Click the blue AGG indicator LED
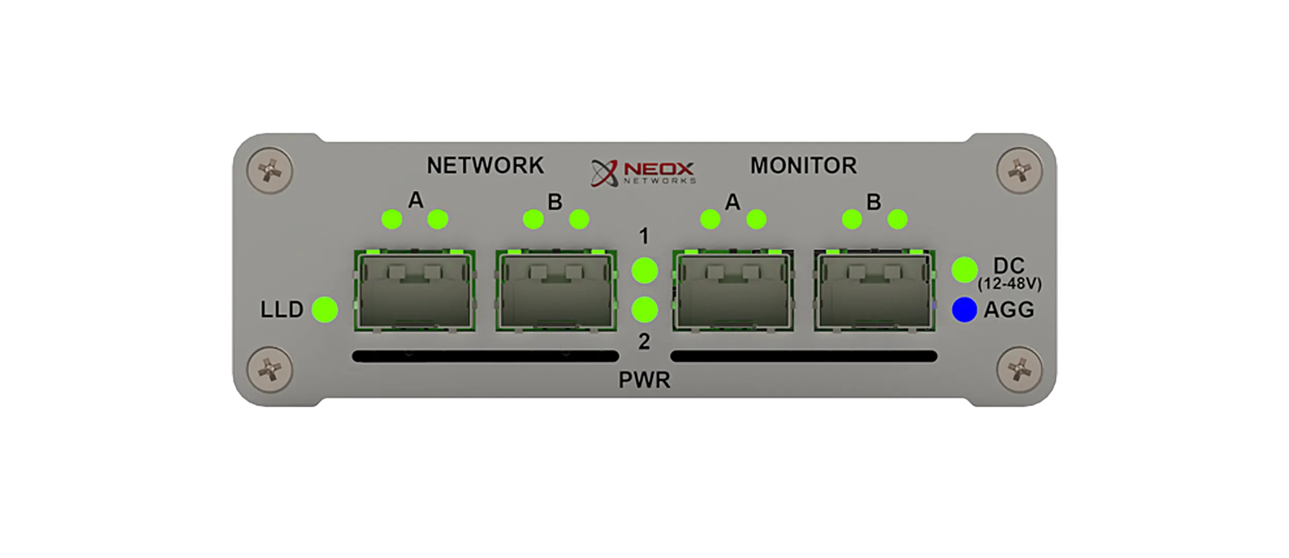tap(964, 310)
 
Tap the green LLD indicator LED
tap(325, 309)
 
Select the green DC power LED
tap(964, 269)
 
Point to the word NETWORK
tap(485, 166)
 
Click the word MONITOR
tap(803, 166)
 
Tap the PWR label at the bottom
tap(644, 380)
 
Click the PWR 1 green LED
tap(644, 270)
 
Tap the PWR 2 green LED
tap(644, 309)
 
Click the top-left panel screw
tap(270, 171)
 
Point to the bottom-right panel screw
tap(1019, 370)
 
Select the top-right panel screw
tap(1019, 171)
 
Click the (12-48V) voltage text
tap(1009, 284)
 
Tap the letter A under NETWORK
tap(415, 200)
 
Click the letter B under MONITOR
tap(874, 202)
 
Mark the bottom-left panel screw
tap(270, 370)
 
